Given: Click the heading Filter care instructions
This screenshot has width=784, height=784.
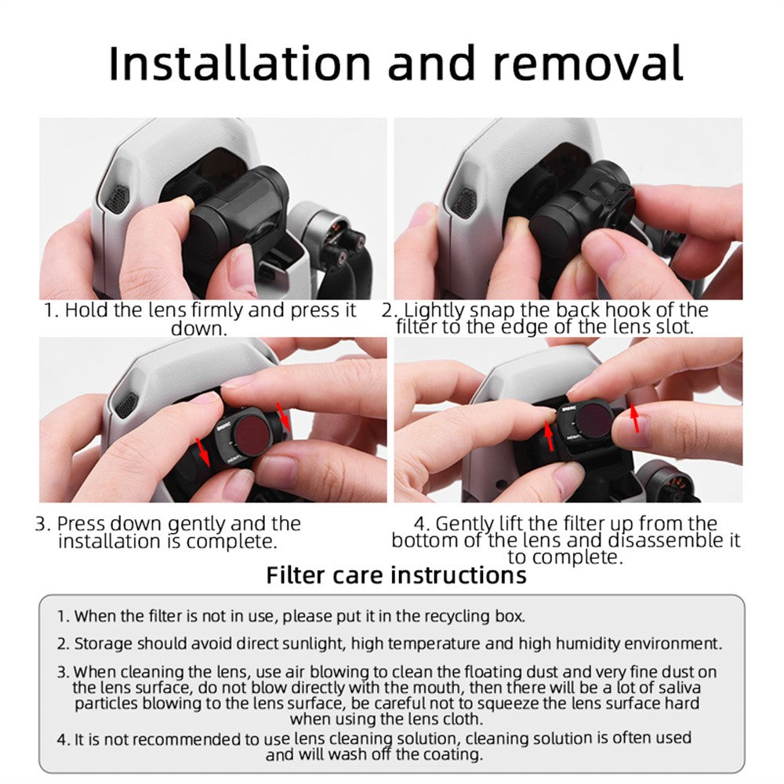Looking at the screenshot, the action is click(x=396, y=575).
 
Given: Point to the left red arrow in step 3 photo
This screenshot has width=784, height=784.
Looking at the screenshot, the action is click(x=202, y=452).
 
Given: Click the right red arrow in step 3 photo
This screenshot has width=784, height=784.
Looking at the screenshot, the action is click(x=284, y=416).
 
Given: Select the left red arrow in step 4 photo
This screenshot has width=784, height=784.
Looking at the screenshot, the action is click(x=549, y=436).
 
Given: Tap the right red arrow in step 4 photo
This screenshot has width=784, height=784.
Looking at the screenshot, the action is click(x=634, y=418).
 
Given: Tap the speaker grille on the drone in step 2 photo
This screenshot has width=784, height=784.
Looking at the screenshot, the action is click(x=466, y=202).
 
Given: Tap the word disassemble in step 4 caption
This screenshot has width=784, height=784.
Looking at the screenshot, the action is click(x=666, y=540).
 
